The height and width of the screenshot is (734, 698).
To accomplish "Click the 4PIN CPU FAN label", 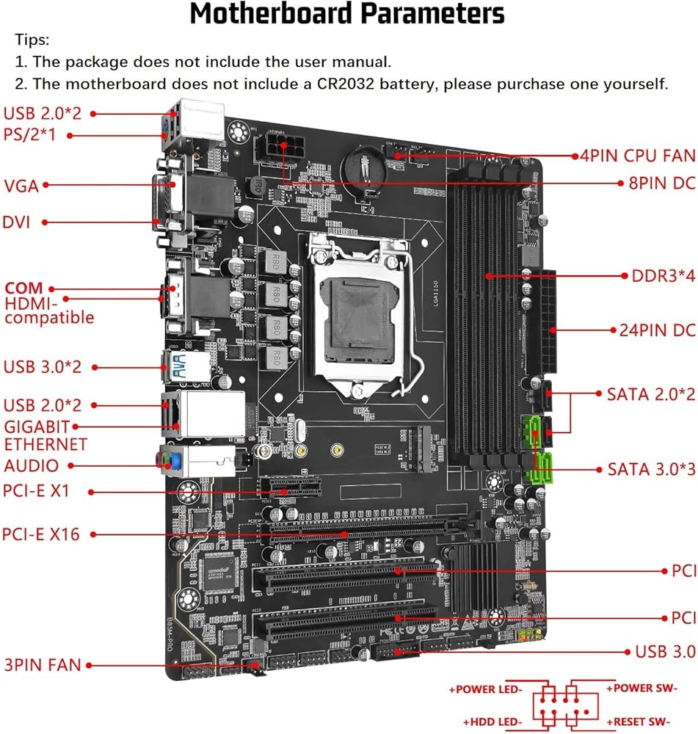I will click(x=637, y=156).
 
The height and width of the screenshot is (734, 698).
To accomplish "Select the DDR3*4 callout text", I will click(x=663, y=277).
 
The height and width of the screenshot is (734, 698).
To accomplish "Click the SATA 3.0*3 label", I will click(x=650, y=469).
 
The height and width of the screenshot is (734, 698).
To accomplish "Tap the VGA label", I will click(x=21, y=185).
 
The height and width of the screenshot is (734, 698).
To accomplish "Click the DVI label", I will click(x=17, y=222).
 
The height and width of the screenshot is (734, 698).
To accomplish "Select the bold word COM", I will click(x=23, y=288).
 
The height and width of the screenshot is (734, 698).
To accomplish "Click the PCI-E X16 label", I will click(x=41, y=534).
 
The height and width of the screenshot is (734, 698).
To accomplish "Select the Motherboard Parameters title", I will click(x=347, y=14).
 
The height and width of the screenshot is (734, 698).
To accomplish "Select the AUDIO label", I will click(x=32, y=465).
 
